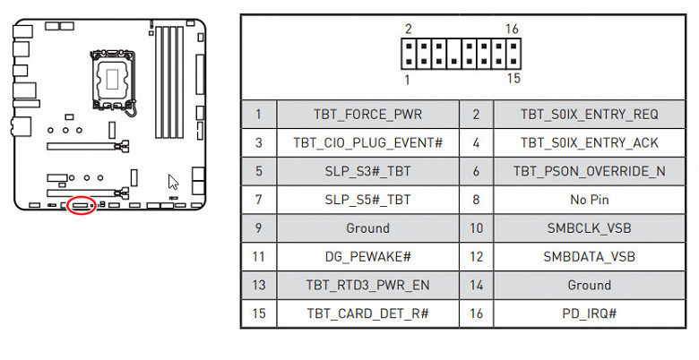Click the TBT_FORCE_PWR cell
coord(367,114)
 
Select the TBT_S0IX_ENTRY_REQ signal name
coord(589,114)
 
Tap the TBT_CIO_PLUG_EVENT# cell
coord(367,142)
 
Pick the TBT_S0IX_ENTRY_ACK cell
coord(589,142)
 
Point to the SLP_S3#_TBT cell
coord(367,171)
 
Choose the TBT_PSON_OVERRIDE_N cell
coord(589,171)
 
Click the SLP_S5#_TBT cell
coord(367,200)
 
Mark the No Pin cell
coord(589,200)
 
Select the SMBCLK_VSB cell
coord(589,228)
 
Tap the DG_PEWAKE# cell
coord(367,257)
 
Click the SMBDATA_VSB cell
coord(589,257)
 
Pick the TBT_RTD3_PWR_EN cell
coord(367,286)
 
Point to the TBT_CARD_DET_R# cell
coord(367,314)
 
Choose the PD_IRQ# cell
coord(589,314)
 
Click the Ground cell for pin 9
coord(367,228)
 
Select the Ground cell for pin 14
coord(589,286)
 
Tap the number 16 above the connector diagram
coord(512,30)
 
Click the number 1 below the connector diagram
coord(408,80)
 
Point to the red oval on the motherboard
coord(82,205)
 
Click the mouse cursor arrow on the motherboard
coord(173,182)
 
